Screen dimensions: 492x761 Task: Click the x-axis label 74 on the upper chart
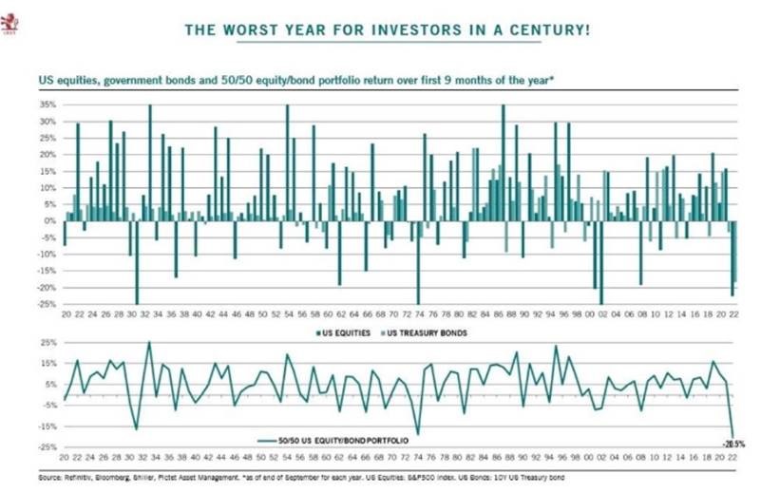point(418,312)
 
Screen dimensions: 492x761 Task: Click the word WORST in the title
point(245,29)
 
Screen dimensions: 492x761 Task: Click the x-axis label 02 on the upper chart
point(601,312)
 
